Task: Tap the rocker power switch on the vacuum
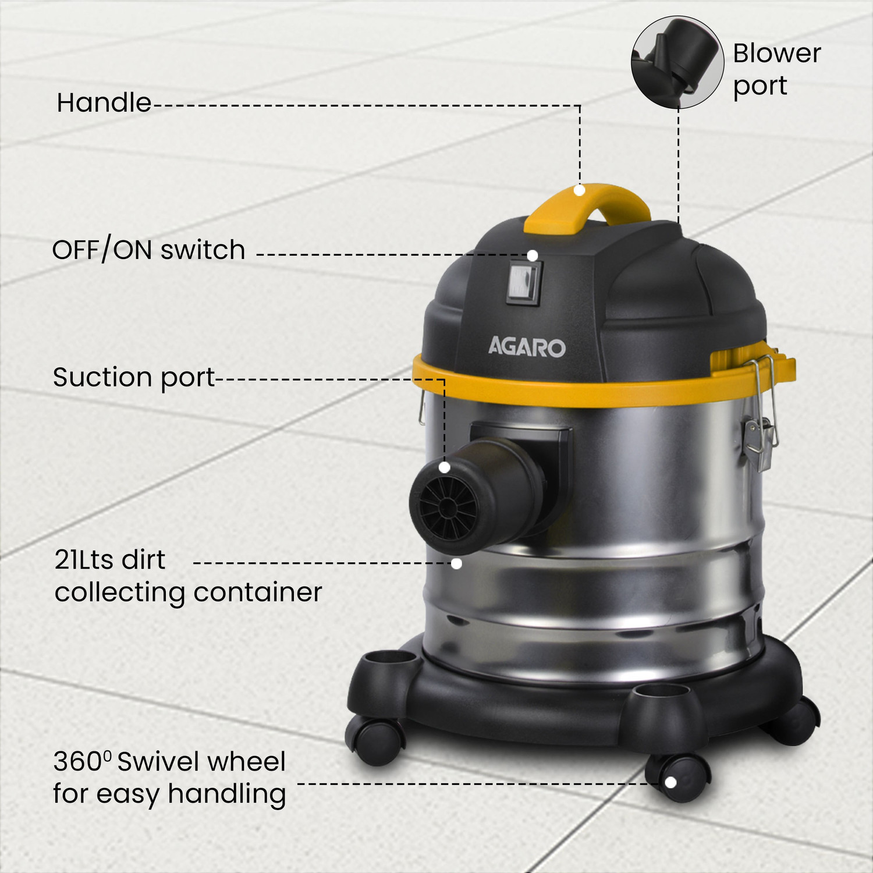524,283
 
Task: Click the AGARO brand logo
526,347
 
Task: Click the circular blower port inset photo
677,62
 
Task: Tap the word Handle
104,103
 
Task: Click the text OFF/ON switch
148,250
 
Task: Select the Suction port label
134,377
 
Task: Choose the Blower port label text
776,69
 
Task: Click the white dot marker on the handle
579,190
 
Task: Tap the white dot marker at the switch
532,255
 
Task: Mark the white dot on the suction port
445,467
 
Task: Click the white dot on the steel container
457,563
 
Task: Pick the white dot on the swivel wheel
670,783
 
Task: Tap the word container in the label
257,592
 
